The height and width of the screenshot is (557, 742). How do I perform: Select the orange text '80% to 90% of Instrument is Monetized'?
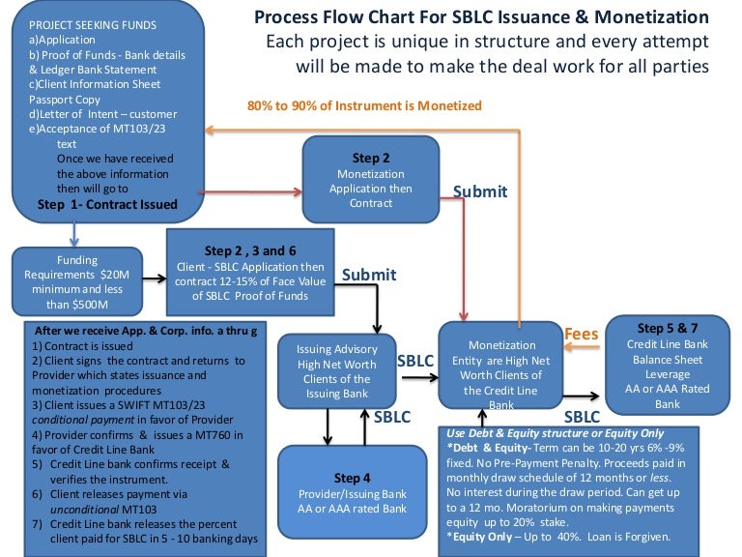pos(364,105)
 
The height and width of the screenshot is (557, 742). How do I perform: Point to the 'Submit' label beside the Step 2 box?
pos(480,191)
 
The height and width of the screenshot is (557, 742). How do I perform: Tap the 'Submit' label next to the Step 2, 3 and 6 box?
pos(369,275)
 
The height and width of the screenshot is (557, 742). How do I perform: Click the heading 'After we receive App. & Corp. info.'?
pos(130,330)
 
